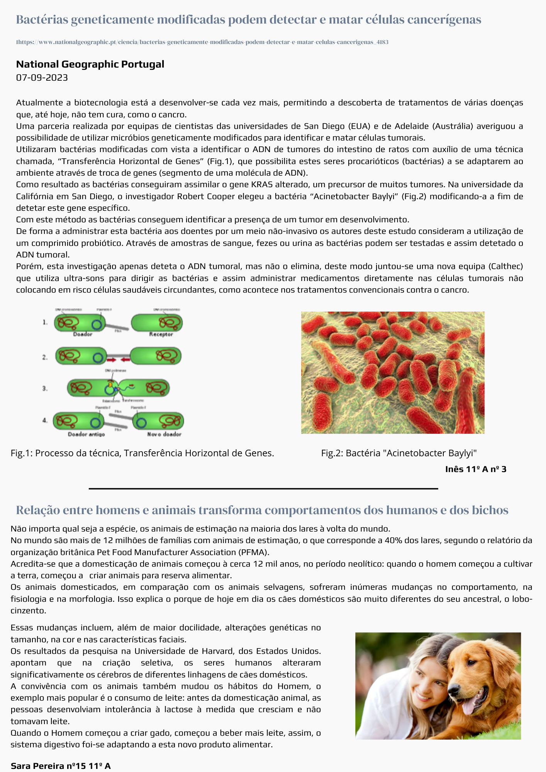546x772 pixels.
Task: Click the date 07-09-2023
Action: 42,78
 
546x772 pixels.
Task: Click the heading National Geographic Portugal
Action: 90,64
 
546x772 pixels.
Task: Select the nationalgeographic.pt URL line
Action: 202,42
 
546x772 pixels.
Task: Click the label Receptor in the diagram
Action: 161,334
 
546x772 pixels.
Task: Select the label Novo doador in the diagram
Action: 164,434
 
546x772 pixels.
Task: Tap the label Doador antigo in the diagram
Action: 86,434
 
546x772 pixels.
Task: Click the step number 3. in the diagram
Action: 45,388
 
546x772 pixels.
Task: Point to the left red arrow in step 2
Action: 111,360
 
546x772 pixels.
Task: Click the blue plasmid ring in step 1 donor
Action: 97,324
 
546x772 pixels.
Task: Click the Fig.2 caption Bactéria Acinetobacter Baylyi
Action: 399,453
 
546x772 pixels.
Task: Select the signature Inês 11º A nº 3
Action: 475,469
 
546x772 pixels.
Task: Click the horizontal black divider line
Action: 263,489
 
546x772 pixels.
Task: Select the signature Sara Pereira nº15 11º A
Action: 61,766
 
